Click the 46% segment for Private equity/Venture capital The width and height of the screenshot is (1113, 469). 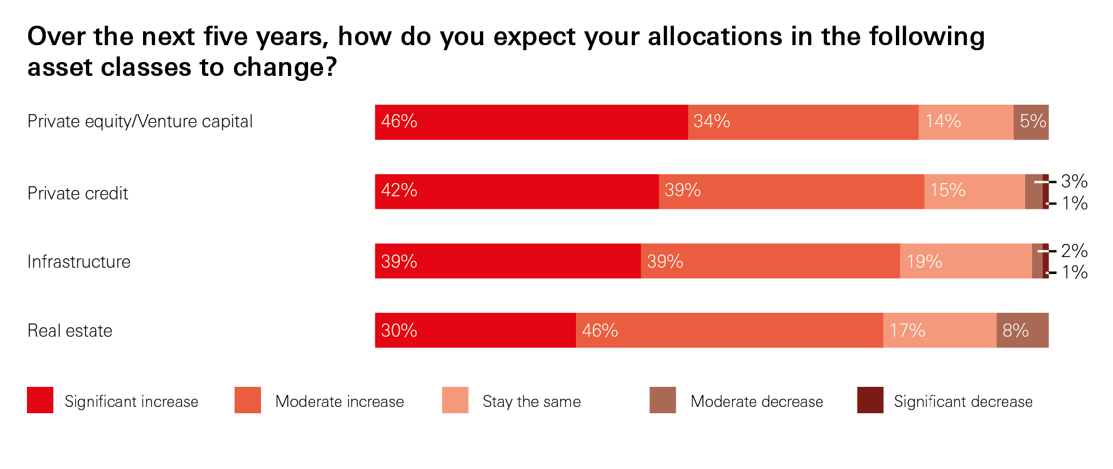tap(531, 122)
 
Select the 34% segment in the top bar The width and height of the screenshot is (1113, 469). tap(802, 122)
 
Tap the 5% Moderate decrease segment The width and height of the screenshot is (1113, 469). tap(1030, 122)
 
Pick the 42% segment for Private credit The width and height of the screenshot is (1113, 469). tap(516, 192)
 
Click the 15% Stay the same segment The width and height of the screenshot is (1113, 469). tap(974, 192)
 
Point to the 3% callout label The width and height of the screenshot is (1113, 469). tap(1074, 182)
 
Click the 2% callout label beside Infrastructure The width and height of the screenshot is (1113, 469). tap(1074, 251)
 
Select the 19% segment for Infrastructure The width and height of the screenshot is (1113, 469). tap(965, 261)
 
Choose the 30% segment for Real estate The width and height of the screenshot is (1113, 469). tap(475, 330)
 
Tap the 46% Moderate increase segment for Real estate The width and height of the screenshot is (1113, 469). tap(729, 330)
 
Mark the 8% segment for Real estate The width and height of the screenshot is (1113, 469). tap(1022, 330)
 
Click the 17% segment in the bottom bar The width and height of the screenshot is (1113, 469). tap(939, 330)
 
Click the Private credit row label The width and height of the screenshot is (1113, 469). tap(78, 194)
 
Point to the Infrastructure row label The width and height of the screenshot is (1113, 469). tap(79, 262)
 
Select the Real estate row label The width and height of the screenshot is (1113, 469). tap(70, 331)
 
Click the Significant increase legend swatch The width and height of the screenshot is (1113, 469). tap(40, 400)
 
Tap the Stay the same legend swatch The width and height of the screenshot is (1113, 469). tap(455, 400)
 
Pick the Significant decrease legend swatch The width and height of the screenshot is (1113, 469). tap(870, 400)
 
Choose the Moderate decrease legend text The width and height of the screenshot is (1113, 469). tap(757, 402)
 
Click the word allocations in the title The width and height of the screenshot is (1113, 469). tap(715, 36)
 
